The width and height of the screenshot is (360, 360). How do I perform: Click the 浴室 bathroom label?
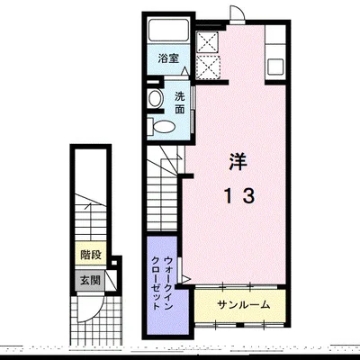coord(168,58)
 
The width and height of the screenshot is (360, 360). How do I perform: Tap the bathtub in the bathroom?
coord(168,30)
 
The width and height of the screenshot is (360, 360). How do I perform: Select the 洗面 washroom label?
coord(180,103)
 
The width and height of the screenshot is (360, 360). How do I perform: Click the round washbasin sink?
coord(156,98)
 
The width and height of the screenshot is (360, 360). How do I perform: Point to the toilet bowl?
coord(161,127)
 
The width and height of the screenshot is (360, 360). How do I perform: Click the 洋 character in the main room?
coord(238,161)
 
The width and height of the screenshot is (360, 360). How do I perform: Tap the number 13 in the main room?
coord(240,196)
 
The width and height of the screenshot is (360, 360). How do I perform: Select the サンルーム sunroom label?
coord(244,305)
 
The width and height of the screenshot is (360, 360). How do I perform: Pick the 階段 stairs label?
coord(91,256)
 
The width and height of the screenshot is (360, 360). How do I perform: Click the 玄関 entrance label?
coord(90,281)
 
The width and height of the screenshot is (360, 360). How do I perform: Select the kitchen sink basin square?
coord(275,67)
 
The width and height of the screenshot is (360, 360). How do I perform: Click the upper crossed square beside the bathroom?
coord(207,41)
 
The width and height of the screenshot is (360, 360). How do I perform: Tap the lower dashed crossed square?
coord(208,67)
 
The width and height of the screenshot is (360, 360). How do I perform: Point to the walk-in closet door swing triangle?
coord(184,279)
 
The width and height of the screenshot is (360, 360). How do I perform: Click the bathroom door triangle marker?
coord(185,71)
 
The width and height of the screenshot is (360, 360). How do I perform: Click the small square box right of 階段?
coord(114,263)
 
